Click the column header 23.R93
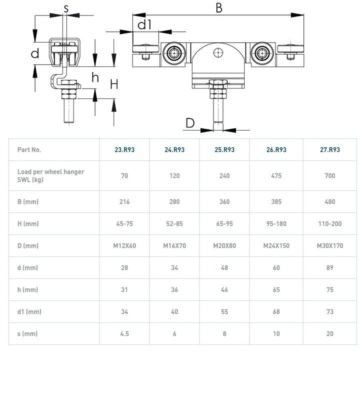tap(124, 149)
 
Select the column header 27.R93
tap(330, 149)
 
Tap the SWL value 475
tap(276, 175)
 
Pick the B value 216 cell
tap(124, 202)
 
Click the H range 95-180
tap(276, 223)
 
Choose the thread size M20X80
tap(224, 245)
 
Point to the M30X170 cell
tap(330, 245)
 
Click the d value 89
tap(330, 267)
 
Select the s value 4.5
tap(124, 333)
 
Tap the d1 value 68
tap(276, 311)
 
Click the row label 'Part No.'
tap(29, 149)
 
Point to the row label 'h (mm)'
tap(27, 289)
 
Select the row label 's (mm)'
tap(27, 333)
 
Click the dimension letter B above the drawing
tap(219, 7)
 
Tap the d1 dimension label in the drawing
tap(144, 24)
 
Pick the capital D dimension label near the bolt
tap(190, 122)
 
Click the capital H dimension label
tap(114, 84)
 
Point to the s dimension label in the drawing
tap(66, 8)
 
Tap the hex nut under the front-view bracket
tap(218, 85)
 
